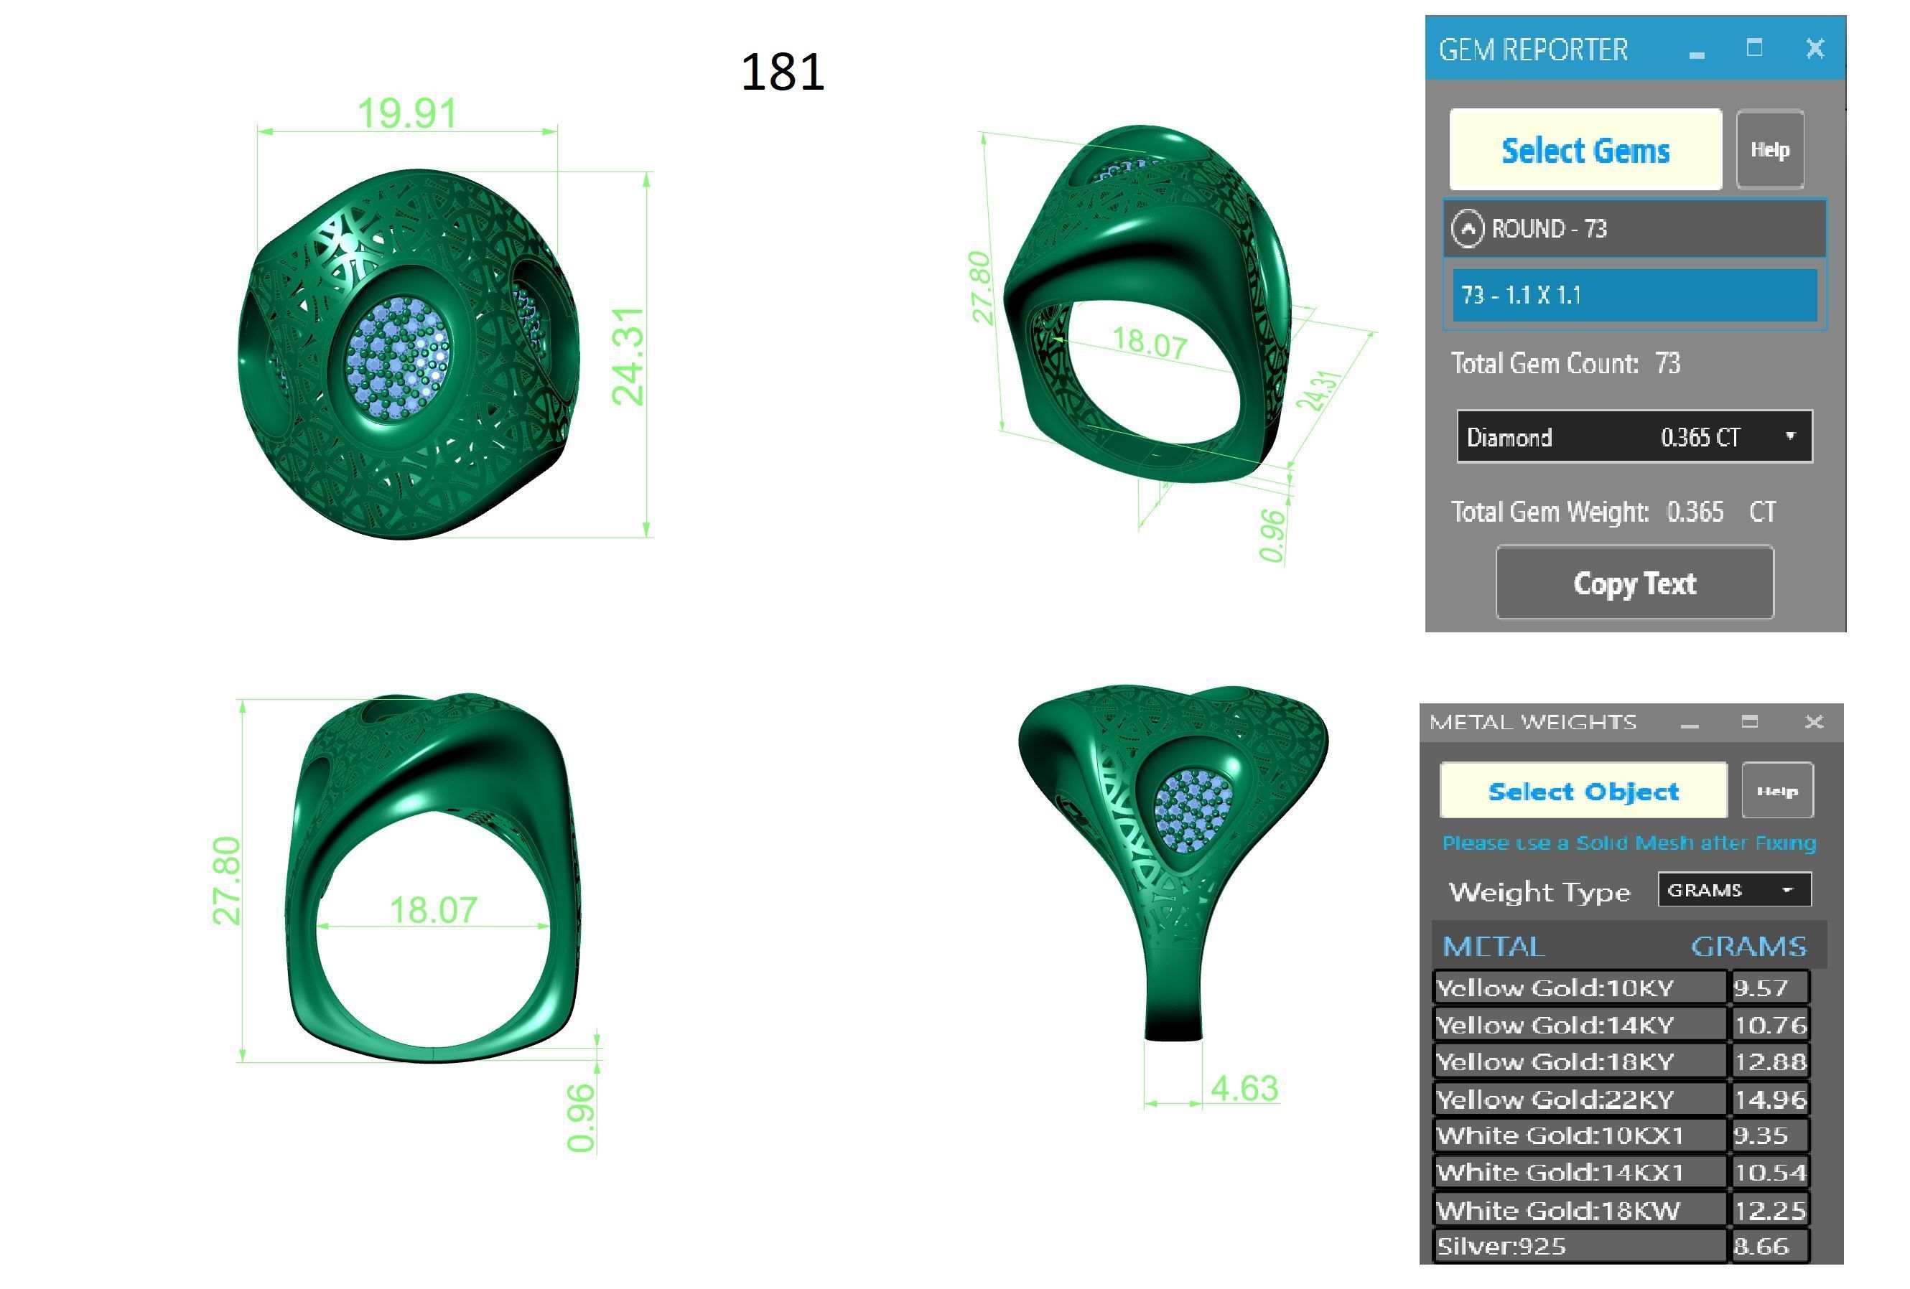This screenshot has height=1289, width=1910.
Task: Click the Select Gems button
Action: [1585, 150]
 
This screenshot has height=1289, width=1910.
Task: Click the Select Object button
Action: [1583, 791]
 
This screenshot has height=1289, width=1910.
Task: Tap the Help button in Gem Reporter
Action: [1769, 149]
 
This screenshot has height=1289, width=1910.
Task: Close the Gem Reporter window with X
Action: [1814, 49]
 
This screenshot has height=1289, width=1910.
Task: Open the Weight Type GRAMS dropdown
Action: [1734, 891]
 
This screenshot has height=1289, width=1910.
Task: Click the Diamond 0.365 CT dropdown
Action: [1634, 437]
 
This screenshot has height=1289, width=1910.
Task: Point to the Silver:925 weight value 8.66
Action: [1761, 1246]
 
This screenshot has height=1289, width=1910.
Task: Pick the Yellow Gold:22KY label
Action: [1555, 1100]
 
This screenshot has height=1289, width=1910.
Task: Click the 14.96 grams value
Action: [1769, 1100]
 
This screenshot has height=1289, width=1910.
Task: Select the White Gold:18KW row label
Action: [1558, 1210]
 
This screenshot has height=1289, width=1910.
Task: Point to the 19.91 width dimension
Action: [407, 113]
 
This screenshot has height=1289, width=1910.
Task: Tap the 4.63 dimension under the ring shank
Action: [1244, 1089]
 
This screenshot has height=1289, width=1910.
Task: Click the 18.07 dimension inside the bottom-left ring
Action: [433, 910]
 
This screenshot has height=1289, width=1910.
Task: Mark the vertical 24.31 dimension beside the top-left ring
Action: [628, 356]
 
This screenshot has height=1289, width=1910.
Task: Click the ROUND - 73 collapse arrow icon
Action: [1468, 228]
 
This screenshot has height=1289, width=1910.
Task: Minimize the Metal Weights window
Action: [1690, 723]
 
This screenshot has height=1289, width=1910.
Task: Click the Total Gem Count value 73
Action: [1667, 363]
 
